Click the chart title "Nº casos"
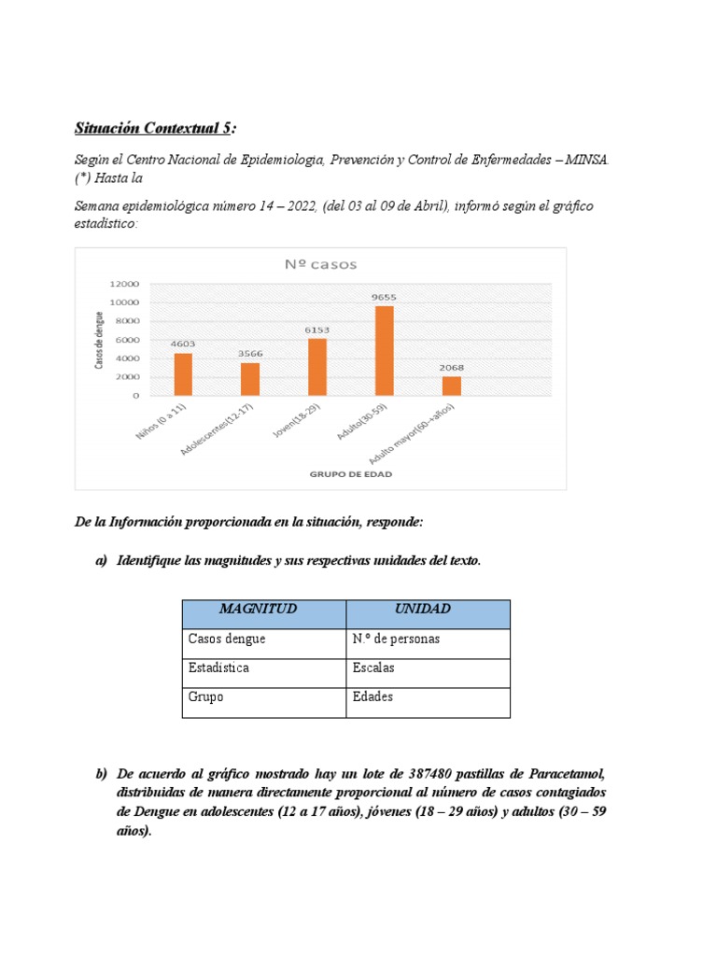coord(320,264)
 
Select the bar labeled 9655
coord(384,350)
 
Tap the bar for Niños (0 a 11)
coord(183,373)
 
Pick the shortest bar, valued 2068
coord(451,386)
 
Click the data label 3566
coord(250,354)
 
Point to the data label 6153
coord(316,330)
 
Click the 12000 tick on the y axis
coord(124,284)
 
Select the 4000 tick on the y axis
coord(127,358)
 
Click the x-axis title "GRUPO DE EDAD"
coord(350,474)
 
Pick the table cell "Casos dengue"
coord(227,640)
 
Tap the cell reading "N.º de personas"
coord(396,640)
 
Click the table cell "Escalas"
coord(374,668)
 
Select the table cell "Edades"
coord(373,697)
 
